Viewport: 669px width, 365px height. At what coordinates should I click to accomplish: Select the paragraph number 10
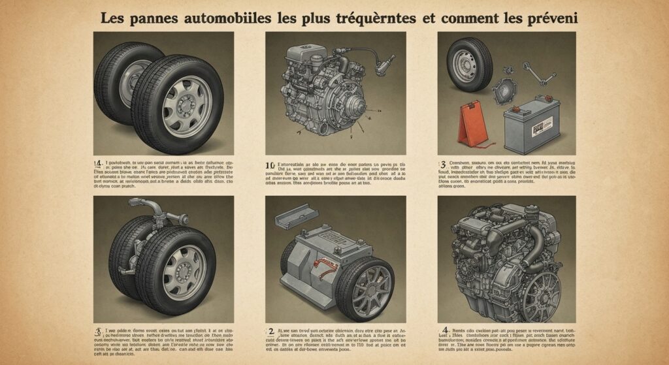[x=270, y=165]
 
